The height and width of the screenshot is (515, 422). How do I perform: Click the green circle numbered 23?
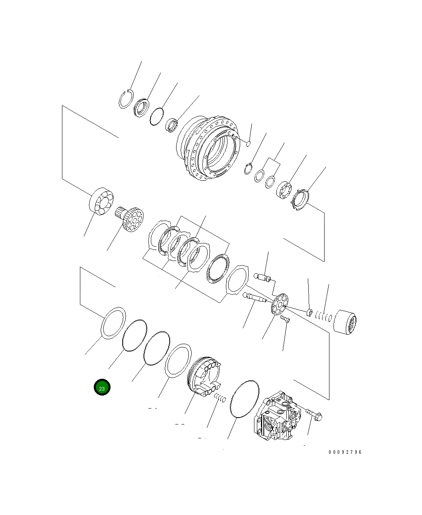[x=102, y=388]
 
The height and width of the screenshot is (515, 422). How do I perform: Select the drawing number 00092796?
[x=345, y=452]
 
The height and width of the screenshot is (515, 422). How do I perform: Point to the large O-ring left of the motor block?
[x=245, y=399]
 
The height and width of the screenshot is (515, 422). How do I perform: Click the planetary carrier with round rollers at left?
[x=101, y=201]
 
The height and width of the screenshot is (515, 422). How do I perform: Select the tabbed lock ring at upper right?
[x=301, y=200]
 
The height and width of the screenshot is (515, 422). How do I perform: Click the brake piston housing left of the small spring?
[x=204, y=376]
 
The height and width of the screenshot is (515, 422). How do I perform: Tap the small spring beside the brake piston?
[x=220, y=398]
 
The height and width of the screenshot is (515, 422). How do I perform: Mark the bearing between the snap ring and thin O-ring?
[x=141, y=108]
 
